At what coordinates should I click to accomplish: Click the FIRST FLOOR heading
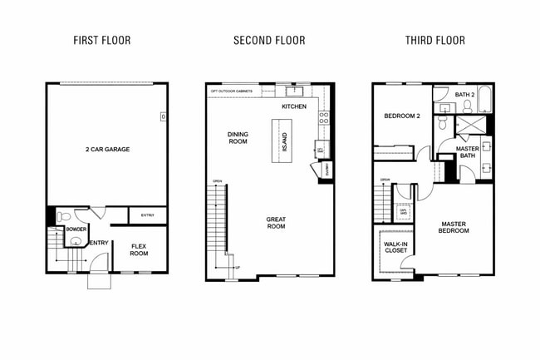pos(102,40)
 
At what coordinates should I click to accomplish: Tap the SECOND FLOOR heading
pos(269,40)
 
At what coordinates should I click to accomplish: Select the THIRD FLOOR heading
pos(434,40)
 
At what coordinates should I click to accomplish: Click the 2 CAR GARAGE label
pos(107,150)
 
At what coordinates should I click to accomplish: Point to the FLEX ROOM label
pos(139,249)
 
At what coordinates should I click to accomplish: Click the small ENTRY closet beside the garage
pos(147,215)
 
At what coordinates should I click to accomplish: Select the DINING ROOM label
pos(238,137)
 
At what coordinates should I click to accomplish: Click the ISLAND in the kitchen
pos(282,137)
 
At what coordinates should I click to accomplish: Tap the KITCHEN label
pos(294,107)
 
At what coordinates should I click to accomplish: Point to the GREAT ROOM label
pos(276,222)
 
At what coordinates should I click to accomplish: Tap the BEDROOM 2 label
pos(401,116)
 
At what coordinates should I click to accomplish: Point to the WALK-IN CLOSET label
pos(396,246)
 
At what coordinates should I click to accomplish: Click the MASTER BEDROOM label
pos(454,226)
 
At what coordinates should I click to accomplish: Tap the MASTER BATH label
pos(468,152)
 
